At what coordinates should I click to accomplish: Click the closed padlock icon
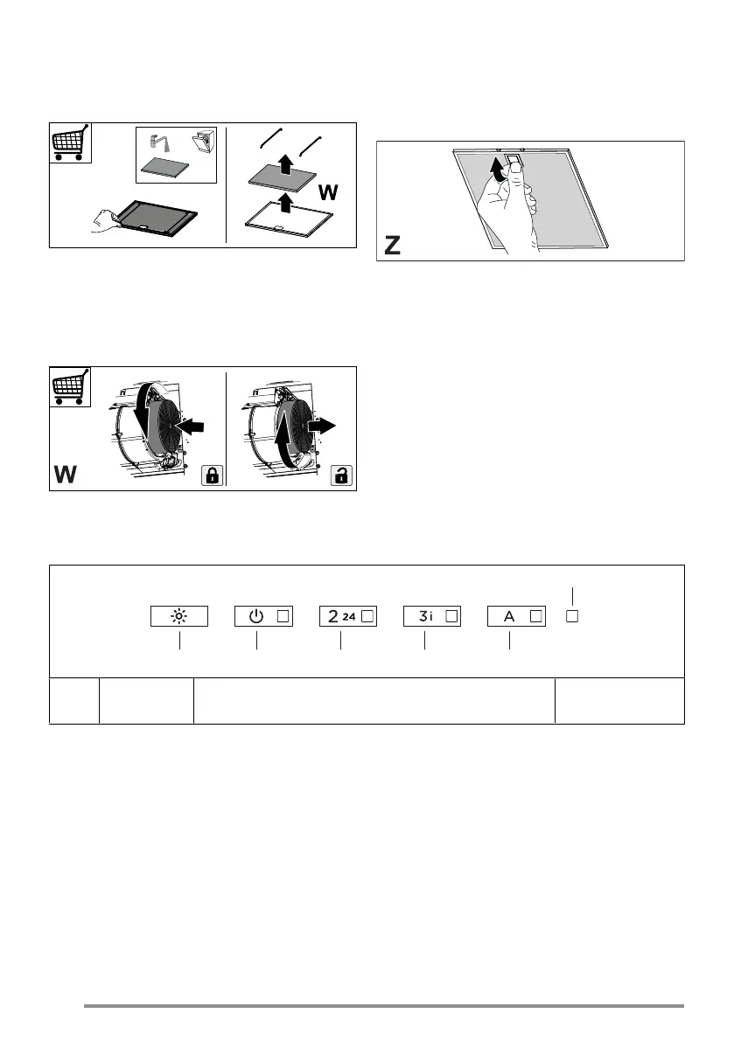211,475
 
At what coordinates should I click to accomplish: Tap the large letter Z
394,246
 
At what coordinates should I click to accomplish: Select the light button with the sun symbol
178,616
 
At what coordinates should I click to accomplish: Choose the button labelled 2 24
348,616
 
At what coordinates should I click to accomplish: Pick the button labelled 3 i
432,616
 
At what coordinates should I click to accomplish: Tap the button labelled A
516,616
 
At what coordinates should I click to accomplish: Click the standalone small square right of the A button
572,615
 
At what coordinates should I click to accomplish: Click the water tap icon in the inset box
157,140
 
